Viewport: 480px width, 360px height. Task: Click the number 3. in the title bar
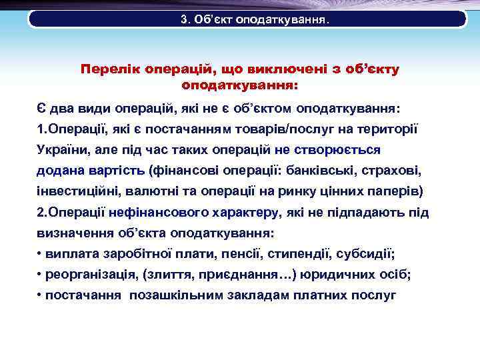pyautogui.click(x=185, y=19)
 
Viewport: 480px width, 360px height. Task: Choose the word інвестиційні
pyautogui.click(x=77, y=191)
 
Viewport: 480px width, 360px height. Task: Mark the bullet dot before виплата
pyautogui.click(x=40, y=255)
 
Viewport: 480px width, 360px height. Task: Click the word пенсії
pyautogui.click(x=242, y=254)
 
